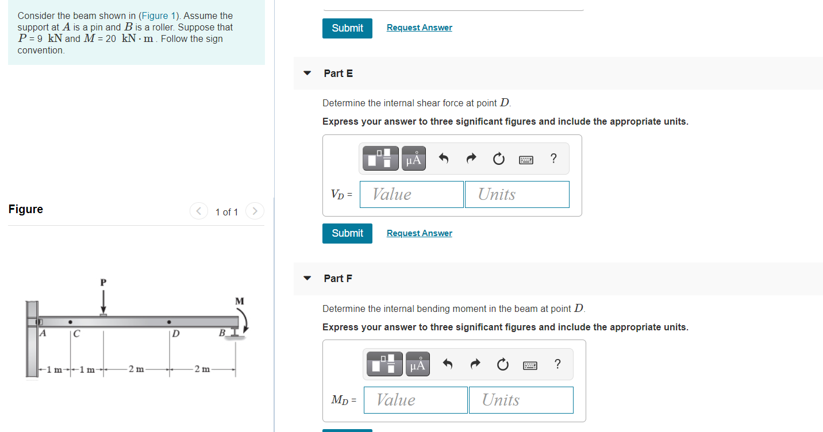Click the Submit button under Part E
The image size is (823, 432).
347,233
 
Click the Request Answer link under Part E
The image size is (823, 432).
419,233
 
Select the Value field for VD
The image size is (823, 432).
411,194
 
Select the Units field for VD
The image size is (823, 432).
517,194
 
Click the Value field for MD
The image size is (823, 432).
416,400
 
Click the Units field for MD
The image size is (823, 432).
521,400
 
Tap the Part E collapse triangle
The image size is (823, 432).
307,74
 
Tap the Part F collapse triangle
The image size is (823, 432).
307,279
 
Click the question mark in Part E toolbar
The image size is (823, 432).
553,159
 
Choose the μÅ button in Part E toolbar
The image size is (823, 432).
413,159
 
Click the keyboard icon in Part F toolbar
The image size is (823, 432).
530,364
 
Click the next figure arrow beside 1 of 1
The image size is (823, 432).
255,211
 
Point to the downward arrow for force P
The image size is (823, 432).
103,301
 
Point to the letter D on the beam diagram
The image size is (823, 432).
176,334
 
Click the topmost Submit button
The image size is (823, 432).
347,28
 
